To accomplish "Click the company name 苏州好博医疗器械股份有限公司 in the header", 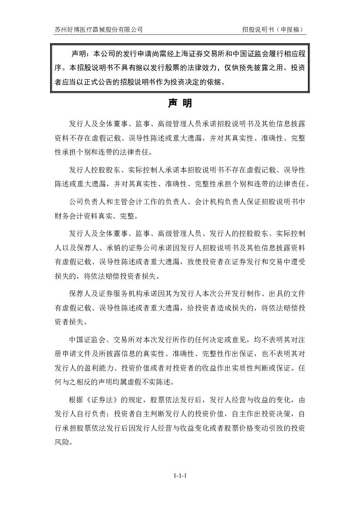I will point(98,30).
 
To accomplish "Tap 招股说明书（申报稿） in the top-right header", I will point(274,30).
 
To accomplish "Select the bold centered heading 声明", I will point(180,104).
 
